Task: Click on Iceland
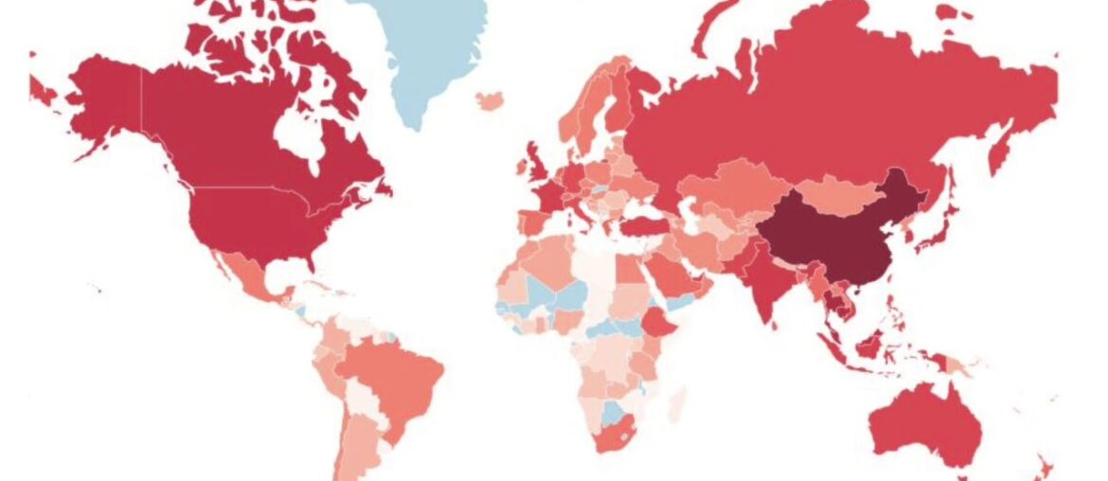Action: click(491, 100)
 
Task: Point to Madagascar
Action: click(675, 406)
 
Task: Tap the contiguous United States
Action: click(251, 223)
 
